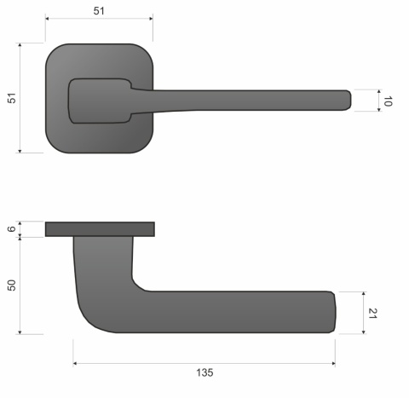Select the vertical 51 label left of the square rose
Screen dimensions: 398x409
(x=12, y=99)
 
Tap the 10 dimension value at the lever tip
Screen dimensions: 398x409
(x=388, y=100)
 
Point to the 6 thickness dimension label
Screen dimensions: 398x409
(x=12, y=228)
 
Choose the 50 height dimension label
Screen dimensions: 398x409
(x=12, y=285)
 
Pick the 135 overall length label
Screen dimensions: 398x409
(x=204, y=373)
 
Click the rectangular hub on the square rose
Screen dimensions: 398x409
(x=98, y=101)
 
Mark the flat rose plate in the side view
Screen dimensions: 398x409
(x=100, y=228)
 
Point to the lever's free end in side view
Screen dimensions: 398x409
(x=333, y=311)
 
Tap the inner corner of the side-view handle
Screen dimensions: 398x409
(x=136, y=284)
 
